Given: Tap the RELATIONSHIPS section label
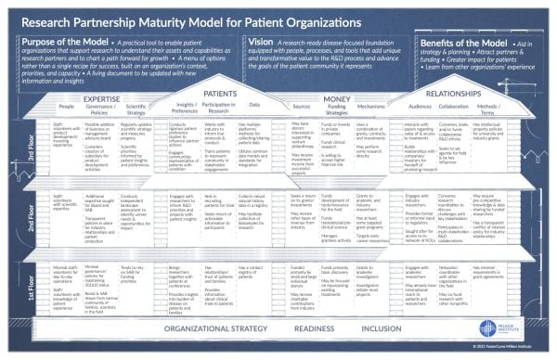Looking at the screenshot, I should point(451,94).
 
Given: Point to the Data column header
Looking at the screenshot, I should point(251,108).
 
